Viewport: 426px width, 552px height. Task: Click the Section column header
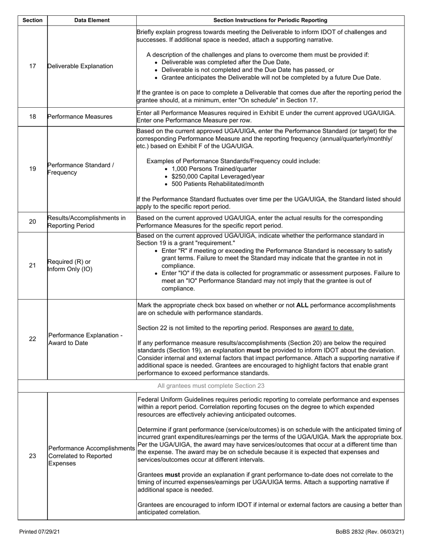pyautogui.click(x=32, y=20)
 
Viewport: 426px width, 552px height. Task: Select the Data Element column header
pyautogui.click(x=92, y=20)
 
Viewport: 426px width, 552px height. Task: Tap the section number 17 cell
pyautogui.click(x=32, y=66)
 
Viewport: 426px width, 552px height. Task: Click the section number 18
pyautogui.click(x=32, y=117)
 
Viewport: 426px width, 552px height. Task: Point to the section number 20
pyautogui.click(x=32, y=222)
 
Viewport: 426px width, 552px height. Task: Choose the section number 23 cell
pyautogui.click(x=32, y=456)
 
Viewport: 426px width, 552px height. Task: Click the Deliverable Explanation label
pyautogui.click(x=80, y=66)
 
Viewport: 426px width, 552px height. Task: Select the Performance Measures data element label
pyautogui.click(x=80, y=117)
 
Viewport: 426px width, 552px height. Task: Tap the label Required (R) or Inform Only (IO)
pyautogui.click(x=70, y=265)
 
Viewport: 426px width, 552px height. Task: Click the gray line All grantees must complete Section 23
pyautogui.click(x=211, y=386)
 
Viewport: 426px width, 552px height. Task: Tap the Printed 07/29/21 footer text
pyautogui.click(x=39, y=532)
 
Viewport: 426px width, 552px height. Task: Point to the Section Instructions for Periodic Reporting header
pyautogui.click(x=270, y=20)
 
